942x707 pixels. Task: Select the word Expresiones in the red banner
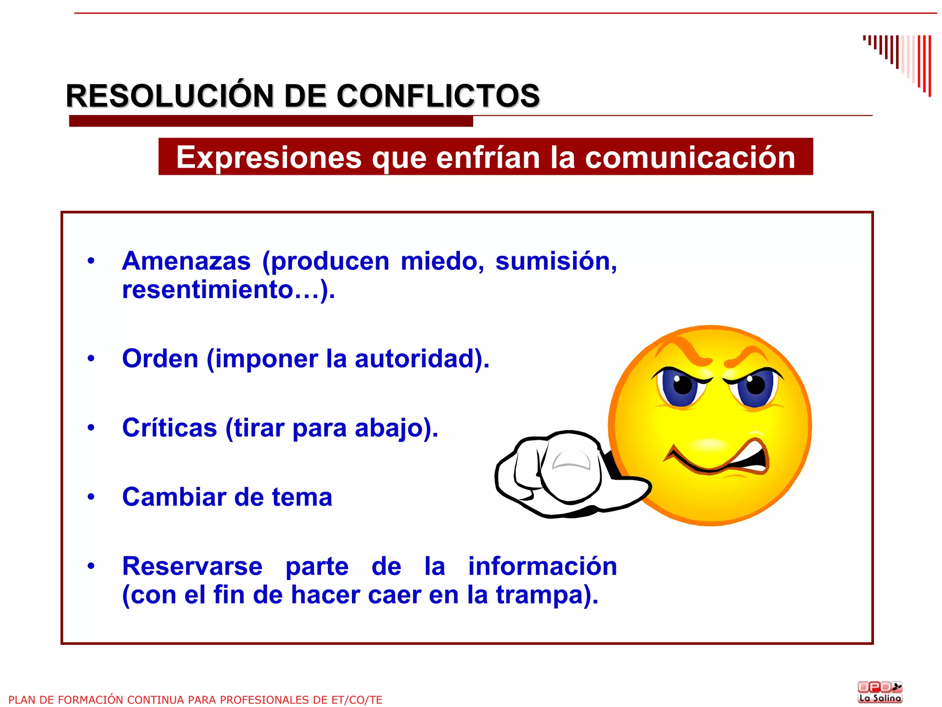(269, 157)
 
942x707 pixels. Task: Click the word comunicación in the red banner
(690, 157)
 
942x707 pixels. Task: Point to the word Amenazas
(186, 261)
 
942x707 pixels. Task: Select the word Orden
(160, 358)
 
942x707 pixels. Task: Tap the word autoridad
(414, 358)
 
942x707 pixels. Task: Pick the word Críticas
(169, 428)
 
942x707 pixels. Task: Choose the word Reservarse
(192, 566)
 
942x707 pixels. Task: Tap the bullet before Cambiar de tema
(91, 497)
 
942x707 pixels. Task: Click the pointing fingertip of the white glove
(570, 469)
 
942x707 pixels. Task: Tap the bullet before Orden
(91, 358)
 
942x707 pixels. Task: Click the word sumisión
(556, 261)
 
